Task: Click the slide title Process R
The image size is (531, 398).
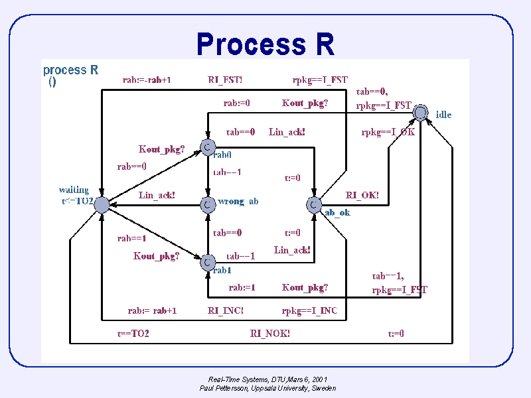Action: tap(265, 44)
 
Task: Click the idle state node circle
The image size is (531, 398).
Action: tap(420, 113)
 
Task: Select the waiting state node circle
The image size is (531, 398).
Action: tap(101, 204)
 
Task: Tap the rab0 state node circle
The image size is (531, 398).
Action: tap(208, 145)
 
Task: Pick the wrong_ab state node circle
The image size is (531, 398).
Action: tap(208, 204)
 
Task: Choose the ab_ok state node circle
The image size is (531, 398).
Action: tap(315, 204)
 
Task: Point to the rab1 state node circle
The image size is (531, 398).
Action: tap(208, 263)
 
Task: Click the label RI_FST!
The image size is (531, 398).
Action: tap(225, 80)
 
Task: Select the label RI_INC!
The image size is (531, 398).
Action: tap(226, 310)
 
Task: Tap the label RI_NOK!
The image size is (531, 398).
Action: tap(269, 334)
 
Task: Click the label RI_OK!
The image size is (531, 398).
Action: tap(362, 195)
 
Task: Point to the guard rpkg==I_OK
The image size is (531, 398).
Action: tap(388, 132)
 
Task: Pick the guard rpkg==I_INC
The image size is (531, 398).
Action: tap(309, 310)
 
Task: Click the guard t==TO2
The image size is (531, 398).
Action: tap(133, 334)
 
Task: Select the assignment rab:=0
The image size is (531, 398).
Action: tap(236, 103)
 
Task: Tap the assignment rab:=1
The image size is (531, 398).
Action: tap(242, 287)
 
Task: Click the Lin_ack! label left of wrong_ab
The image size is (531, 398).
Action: tap(157, 195)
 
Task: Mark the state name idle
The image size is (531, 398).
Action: tap(443, 115)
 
